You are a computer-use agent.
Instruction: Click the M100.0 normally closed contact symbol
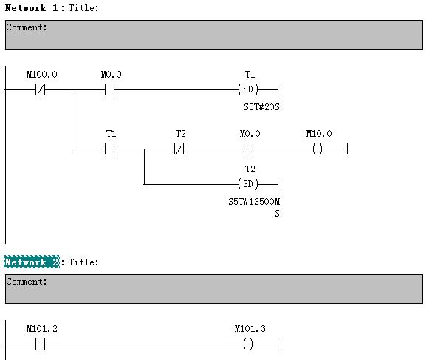[40, 89]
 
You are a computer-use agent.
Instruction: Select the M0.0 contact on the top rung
[109, 89]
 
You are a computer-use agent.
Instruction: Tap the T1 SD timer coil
[248, 89]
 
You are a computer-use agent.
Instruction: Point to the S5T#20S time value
[261, 106]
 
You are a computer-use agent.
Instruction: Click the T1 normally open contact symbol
[109, 149]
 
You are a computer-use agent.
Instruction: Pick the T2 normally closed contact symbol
[179, 149]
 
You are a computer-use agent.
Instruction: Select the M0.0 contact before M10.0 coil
[249, 149]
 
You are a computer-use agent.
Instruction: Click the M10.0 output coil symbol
[318, 149]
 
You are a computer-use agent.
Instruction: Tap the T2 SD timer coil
[248, 184]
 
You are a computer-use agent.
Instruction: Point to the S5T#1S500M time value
[254, 202]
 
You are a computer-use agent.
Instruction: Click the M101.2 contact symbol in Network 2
[40, 344]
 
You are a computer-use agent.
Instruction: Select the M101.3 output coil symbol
[248, 344]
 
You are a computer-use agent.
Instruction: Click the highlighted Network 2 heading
[32, 262]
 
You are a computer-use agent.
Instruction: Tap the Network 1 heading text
[32, 7]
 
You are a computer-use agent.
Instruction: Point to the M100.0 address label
[42, 75]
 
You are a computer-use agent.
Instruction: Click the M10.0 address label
[319, 134]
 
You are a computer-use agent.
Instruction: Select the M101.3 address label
[250, 329]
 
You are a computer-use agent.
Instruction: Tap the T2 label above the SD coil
[250, 169]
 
